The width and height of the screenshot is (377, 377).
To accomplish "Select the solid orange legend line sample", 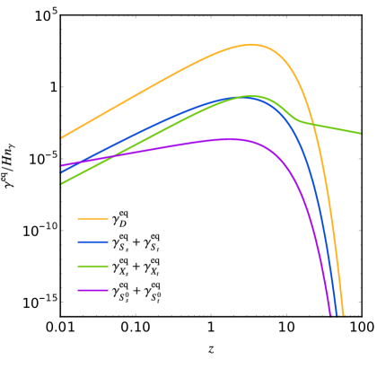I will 92,218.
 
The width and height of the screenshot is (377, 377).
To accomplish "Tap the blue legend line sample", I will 92,241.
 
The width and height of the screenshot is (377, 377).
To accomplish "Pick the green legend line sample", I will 92,266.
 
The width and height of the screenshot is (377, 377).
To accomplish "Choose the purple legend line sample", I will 92,290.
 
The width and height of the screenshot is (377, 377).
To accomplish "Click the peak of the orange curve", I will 250,44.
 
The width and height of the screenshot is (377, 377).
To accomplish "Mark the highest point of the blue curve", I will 243,96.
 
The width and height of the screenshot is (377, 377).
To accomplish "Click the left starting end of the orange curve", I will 62,137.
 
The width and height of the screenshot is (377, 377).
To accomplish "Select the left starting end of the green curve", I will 62,183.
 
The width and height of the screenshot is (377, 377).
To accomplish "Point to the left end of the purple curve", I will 62,165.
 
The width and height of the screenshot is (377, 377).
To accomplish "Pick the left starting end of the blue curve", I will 62,171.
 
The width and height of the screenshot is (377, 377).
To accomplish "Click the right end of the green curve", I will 360,133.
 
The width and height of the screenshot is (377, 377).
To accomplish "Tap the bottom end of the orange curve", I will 343,314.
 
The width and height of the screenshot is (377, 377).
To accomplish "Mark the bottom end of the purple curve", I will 330,314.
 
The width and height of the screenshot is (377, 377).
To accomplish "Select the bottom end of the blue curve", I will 336,314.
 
